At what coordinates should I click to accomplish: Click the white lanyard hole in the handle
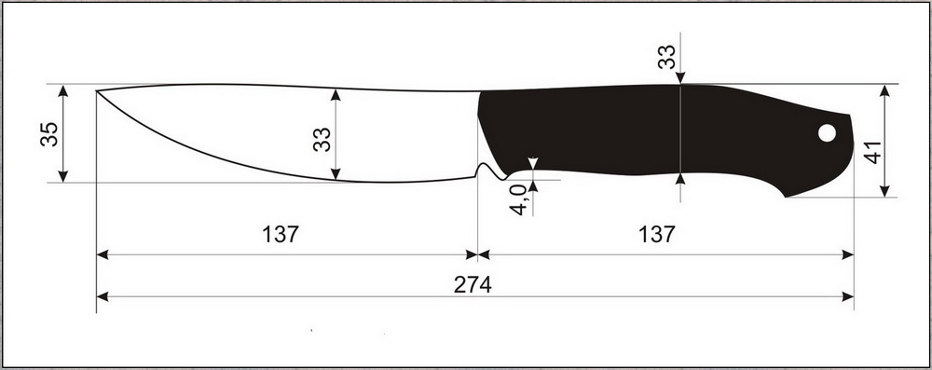pyautogui.click(x=827, y=132)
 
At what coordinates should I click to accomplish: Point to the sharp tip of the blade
pyautogui.click(x=97, y=91)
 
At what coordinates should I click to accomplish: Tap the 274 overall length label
pyautogui.click(x=473, y=285)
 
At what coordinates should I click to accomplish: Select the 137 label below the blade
pyautogui.click(x=281, y=234)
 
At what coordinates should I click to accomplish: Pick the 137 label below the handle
pyautogui.click(x=657, y=234)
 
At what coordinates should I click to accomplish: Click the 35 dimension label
pyautogui.click(x=49, y=134)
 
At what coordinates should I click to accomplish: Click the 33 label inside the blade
pyautogui.click(x=322, y=139)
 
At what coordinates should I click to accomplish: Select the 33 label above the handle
pyautogui.click(x=666, y=57)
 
